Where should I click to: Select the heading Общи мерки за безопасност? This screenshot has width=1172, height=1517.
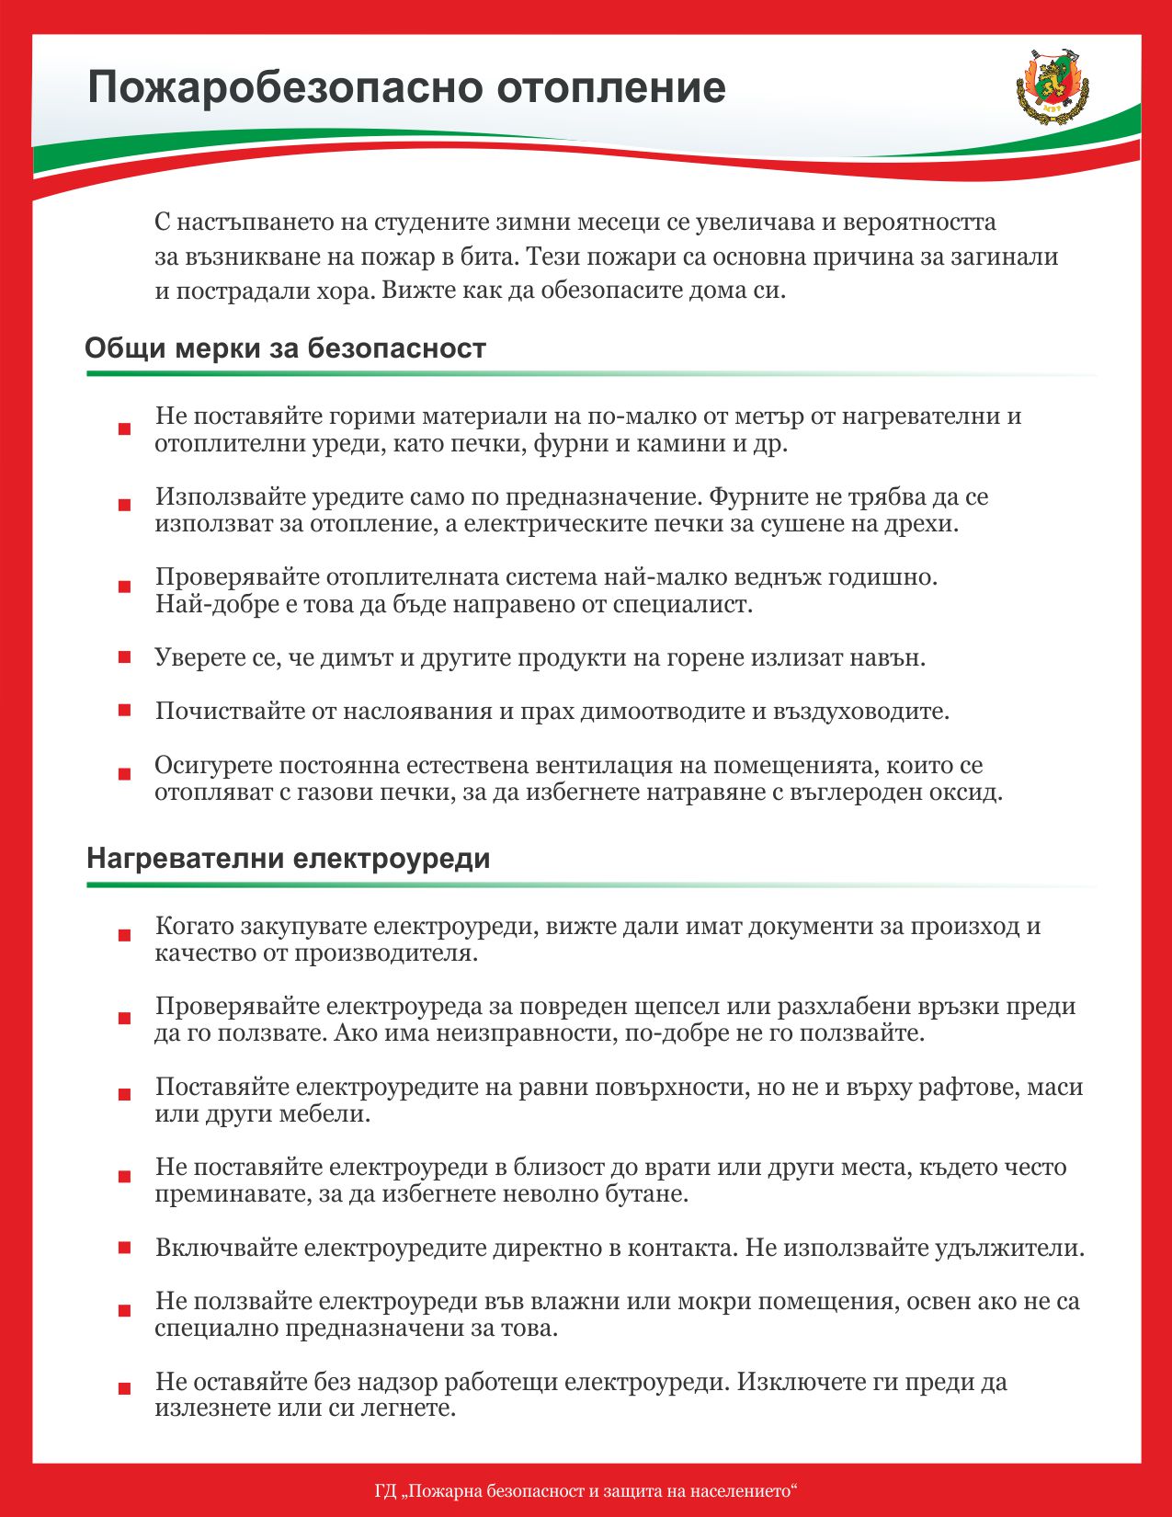tap(285, 349)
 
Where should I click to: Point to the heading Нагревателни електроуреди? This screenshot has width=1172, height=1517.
tap(288, 859)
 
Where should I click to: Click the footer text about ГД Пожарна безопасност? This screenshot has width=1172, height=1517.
tap(586, 1490)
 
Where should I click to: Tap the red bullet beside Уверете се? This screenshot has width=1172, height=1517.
tap(124, 657)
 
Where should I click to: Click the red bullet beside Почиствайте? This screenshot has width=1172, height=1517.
tap(124, 711)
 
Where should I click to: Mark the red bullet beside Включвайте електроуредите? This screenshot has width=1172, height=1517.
tap(124, 1248)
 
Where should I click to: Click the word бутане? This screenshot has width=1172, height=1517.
tap(644, 1194)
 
